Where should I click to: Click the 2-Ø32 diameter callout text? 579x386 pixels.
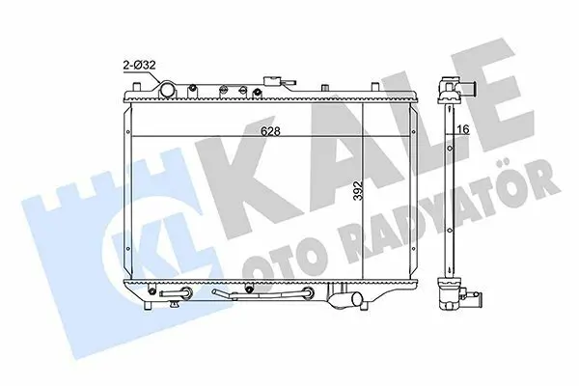coord(139,66)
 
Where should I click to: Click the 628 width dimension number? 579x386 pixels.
coord(270,131)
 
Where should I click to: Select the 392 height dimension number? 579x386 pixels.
coord(358,191)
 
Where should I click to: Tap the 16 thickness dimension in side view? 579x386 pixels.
coord(462,129)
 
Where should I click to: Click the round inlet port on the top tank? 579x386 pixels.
coord(168,90)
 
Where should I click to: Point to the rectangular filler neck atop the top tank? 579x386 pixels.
coord(271,81)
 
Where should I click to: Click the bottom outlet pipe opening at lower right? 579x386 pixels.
coord(357,298)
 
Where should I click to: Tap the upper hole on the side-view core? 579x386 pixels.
coord(450,148)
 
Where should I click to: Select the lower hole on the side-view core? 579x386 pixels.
coord(450,231)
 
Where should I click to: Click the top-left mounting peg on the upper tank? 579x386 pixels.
coord(137,87)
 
